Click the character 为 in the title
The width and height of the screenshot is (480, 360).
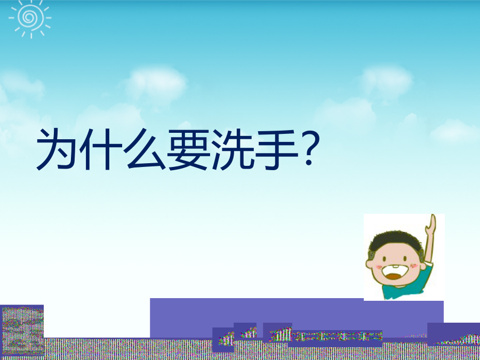[x=56, y=149]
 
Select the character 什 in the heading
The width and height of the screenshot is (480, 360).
[x=101, y=149]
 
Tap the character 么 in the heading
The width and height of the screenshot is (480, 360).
[x=145, y=149]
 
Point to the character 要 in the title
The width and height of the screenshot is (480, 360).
[x=188, y=149]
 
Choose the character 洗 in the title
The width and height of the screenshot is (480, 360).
[x=233, y=149]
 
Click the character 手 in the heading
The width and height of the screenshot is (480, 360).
[x=277, y=149]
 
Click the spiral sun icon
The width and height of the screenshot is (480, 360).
[x=30, y=18]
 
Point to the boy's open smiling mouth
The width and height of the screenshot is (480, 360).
[x=395, y=273]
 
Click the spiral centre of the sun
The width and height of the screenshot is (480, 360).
[x=29, y=17]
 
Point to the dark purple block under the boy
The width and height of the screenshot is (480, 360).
[x=453, y=334]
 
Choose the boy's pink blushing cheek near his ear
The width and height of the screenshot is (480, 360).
[x=414, y=266]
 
